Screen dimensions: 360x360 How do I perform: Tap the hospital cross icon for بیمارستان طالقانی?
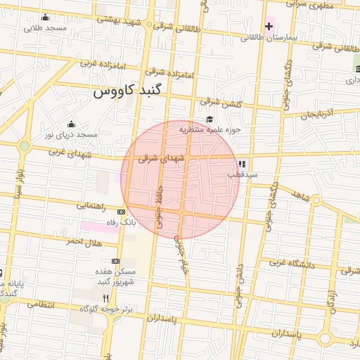pos(269,26)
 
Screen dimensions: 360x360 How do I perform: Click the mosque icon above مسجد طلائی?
pos(46,18)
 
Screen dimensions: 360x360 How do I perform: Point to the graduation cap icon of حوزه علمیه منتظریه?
pos(210,118)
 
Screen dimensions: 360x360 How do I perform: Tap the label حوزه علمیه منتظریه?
pos(210,129)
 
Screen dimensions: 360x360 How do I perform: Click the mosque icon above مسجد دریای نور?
pos(70,124)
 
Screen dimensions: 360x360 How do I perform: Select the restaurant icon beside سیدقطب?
pos(242,163)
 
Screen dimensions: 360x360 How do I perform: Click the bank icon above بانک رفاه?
pos(121,212)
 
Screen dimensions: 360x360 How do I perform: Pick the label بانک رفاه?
pos(119,222)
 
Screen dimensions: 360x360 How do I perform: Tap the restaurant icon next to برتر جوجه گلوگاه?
pos(105,298)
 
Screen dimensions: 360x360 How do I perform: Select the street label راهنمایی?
pos(90,206)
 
